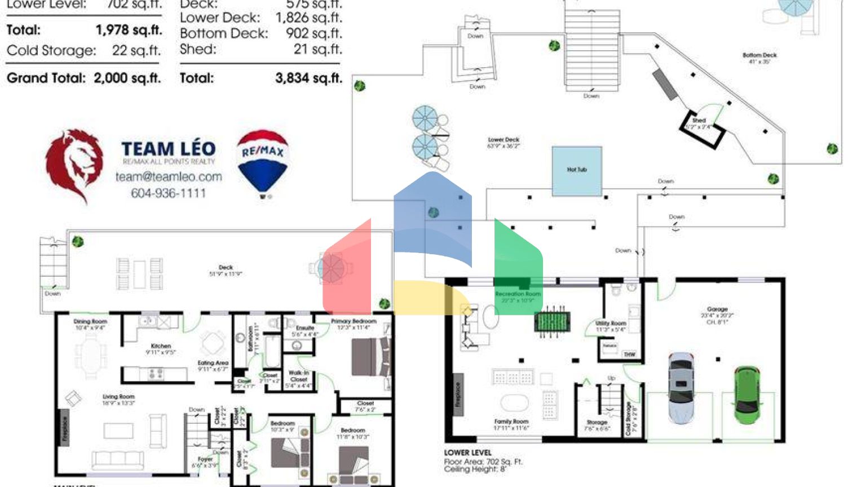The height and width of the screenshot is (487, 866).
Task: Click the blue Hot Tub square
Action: coord(577,171)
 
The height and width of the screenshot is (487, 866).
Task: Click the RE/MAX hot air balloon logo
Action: coord(262,162)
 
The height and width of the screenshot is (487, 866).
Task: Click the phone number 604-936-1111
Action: coord(168,193)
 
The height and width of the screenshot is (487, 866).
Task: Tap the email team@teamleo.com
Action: coord(169,176)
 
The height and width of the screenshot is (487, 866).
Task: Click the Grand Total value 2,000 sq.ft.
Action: coord(127,78)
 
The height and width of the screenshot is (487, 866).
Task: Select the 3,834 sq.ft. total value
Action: coord(308,78)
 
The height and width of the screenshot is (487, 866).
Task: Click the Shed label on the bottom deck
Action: coord(699,120)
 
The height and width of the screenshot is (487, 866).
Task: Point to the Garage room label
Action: coord(717,309)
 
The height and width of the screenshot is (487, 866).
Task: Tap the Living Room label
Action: coord(118,396)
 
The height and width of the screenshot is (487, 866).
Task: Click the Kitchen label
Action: coord(161,346)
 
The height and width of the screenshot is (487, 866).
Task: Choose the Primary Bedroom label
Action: coord(354,321)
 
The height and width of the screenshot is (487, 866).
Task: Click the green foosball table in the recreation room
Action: coord(552,322)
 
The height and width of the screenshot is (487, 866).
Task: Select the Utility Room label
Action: coord(611,324)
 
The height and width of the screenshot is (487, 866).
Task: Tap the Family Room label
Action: coord(511,421)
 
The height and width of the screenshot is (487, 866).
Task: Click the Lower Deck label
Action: coord(503,139)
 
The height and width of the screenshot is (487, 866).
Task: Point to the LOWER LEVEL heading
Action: coord(467,452)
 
